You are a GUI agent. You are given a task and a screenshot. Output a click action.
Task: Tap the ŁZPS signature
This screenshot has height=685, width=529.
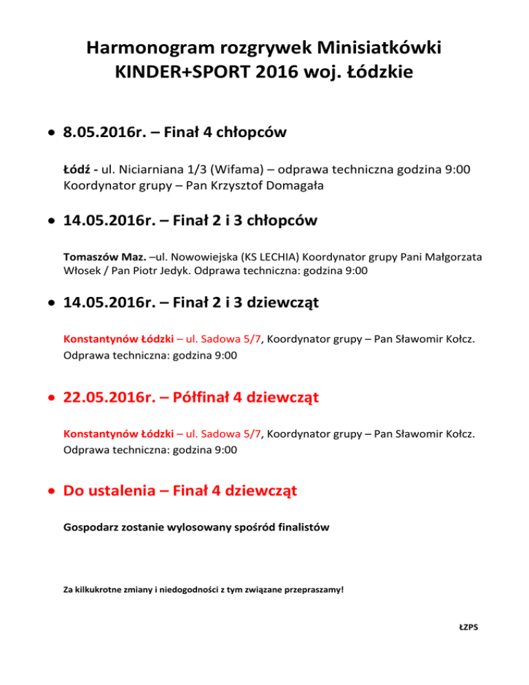tap(468, 627)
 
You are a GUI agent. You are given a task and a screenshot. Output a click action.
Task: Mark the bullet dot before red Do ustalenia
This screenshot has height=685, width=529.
tap(51, 492)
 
